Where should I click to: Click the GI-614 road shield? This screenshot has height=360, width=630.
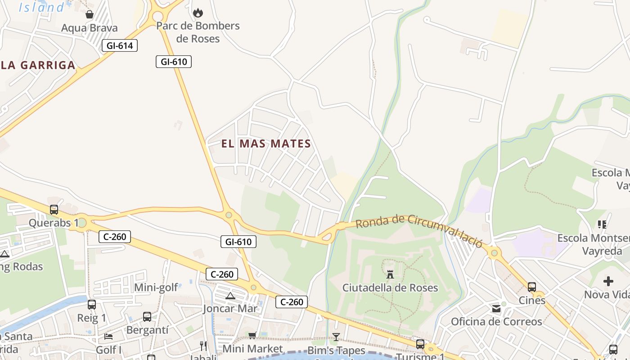(x=119, y=45)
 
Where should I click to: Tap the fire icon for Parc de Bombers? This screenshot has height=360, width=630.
(x=198, y=13)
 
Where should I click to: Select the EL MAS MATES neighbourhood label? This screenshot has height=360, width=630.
(x=266, y=144)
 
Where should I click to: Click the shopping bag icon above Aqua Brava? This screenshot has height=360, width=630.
(x=90, y=14)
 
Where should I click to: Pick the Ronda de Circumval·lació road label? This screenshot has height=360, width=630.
(x=419, y=229)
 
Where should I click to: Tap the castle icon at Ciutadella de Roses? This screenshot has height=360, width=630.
(x=390, y=274)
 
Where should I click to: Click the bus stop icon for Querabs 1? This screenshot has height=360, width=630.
(x=54, y=209)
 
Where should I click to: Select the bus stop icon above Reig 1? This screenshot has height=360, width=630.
(x=92, y=305)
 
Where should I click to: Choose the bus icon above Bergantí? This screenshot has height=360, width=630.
(x=147, y=317)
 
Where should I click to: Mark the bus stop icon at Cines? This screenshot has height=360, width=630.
(x=532, y=287)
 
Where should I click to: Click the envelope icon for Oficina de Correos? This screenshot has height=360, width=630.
(x=496, y=309)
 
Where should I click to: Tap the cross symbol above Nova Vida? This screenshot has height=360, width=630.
(x=608, y=282)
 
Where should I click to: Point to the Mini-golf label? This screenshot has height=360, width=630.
(x=156, y=287)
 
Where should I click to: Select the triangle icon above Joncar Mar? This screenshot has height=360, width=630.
(x=230, y=296)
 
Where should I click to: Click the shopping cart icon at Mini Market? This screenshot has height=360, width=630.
(x=252, y=335)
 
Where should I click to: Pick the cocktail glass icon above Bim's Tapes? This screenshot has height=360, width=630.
(x=336, y=337)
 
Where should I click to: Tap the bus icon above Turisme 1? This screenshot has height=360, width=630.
(x=420, y=344)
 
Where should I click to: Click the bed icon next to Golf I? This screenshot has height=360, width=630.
(x=108, y=336)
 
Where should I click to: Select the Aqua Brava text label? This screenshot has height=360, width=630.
(x=90, y=28)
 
